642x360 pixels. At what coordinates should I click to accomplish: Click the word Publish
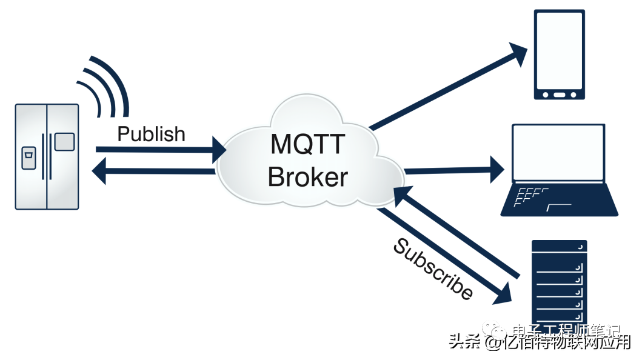[151, 134]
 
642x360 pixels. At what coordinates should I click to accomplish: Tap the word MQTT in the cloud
[307, 145]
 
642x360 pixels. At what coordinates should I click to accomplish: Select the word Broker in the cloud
[307, 177]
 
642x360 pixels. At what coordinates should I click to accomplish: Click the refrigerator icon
[47, 157]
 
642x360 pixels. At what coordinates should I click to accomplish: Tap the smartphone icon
[559, 55]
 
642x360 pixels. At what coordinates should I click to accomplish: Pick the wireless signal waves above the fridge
[106, 85]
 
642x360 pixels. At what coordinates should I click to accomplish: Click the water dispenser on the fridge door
[28, 158]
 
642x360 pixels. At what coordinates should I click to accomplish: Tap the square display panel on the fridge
[64, 142]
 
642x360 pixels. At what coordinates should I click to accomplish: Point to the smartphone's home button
[559, 95]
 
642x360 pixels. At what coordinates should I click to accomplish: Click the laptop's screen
[558, 153]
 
